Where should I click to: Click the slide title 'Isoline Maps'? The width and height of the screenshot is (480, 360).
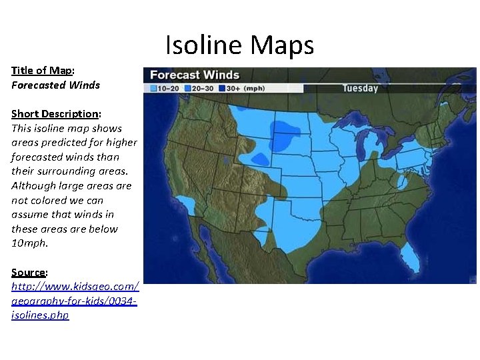click(x=239, y=45)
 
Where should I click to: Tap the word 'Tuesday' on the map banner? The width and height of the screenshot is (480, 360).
click(x=360, y=88)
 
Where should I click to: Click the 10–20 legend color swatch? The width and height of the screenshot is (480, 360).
click(x=153, y=87)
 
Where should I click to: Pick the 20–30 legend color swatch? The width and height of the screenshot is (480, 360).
click(x=189, y=87)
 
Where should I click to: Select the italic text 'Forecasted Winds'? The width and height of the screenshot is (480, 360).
click(x=55, y=85)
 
